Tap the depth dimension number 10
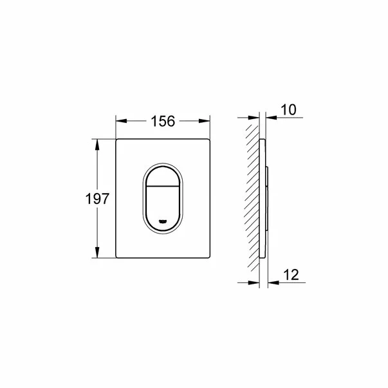pyautogui.click(x=289, y=110)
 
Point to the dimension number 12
pyautogui.click(x=290, y=275)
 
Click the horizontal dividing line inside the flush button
pyautogui.click(x=163, y=190)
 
